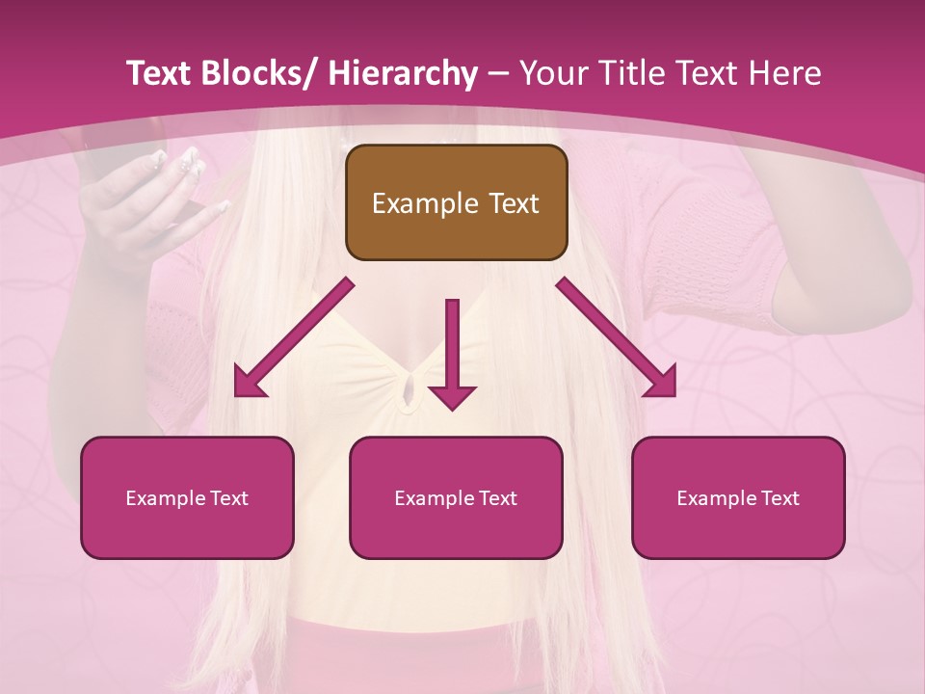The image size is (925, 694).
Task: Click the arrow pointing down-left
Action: coord(293,337)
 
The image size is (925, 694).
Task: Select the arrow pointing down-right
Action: coord(618,337)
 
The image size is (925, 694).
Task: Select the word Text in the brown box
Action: coord(513,203)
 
